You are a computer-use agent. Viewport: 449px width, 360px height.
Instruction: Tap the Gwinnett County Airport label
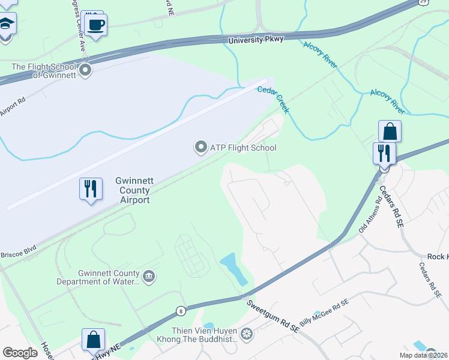coord(132,190)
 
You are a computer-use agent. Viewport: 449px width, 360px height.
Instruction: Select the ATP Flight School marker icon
coord(200,147)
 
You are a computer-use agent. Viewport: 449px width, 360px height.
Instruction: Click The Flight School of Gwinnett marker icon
coord(85,71)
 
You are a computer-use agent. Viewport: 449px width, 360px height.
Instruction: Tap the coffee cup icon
coord(96,25)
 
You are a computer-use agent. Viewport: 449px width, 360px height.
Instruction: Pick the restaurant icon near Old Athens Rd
coord(383,153)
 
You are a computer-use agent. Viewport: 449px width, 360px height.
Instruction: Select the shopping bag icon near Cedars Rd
coord(390,131)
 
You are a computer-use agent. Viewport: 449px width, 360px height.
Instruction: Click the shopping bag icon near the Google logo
coord(94,340)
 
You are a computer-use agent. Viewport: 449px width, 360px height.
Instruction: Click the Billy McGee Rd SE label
coord(324,312)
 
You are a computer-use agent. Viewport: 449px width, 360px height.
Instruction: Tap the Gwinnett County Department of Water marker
coord(149,277)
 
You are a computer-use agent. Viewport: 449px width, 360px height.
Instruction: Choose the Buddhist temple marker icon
coord(246,333)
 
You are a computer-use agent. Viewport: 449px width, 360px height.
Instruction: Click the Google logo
coord(20,353)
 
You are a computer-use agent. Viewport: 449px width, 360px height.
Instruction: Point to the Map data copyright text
coord(423,355)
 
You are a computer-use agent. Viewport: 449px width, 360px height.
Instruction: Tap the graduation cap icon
coord(6,24)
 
